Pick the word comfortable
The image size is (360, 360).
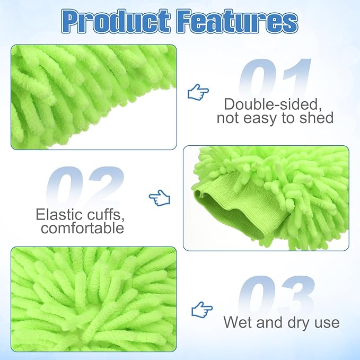click(82, 229)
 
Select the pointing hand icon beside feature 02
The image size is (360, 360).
click(159, 198)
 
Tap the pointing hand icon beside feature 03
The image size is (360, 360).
click(201, 309)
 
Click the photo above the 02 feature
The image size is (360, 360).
click(93, 96)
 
